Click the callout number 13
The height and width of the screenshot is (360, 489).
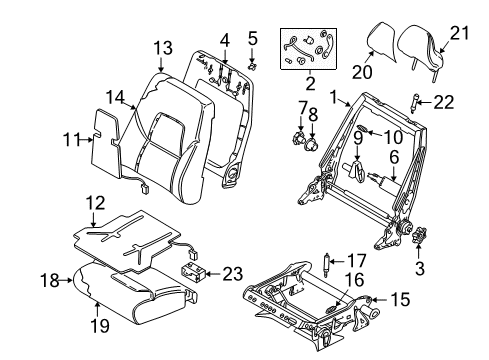163,49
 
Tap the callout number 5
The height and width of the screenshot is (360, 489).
252,41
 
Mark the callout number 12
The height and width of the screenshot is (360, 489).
96,204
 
